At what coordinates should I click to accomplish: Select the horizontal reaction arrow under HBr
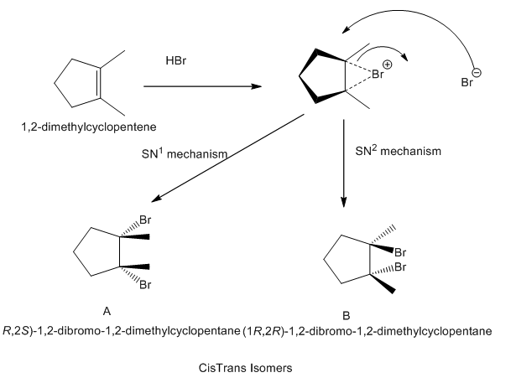(202, 85)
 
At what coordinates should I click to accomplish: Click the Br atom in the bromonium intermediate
(378, 74)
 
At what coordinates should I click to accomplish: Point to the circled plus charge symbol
(387, 64)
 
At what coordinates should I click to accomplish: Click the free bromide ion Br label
(466, 83)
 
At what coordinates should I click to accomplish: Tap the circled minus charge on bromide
(477, 73)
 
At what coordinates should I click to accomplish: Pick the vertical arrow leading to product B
(344, 163)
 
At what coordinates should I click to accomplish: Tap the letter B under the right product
(345, 315)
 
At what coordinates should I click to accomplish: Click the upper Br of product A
(145, 221)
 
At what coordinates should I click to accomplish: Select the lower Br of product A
(145, 285)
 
